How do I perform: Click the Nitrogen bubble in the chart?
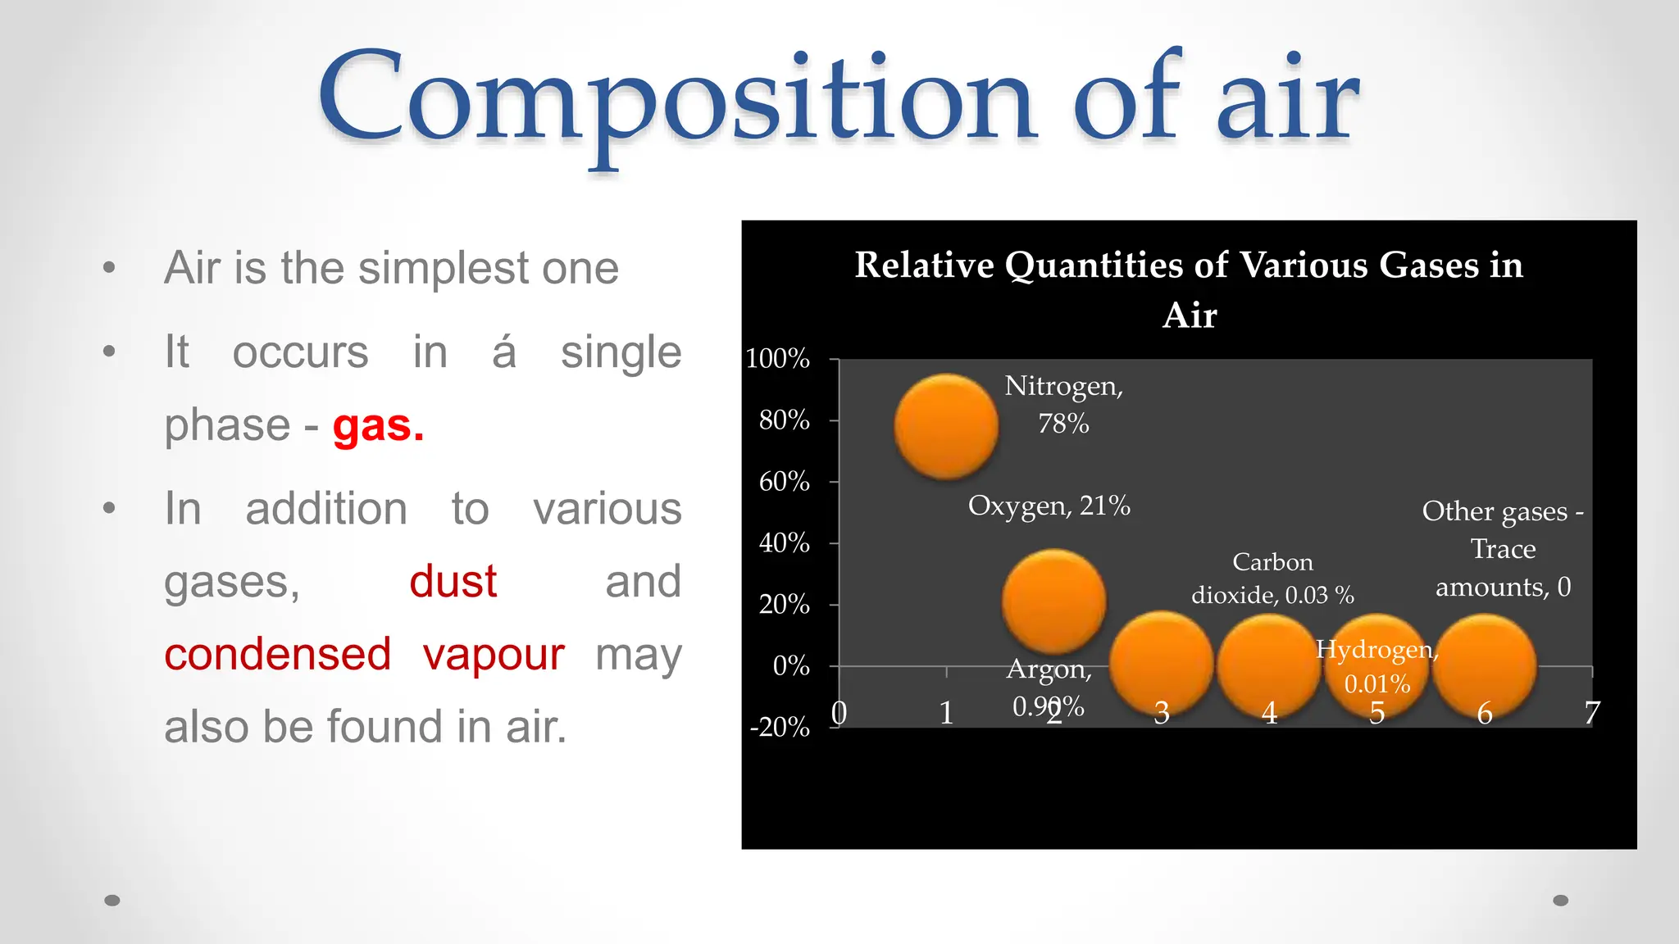click(946, 426)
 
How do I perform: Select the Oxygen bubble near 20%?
click(1053, 601)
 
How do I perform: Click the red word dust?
click(453, 582)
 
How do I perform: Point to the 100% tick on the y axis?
click(777, 359)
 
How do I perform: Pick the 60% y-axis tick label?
click(784, 482)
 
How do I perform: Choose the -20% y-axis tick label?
click(780, 728)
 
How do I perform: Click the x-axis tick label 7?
click(1591, 713)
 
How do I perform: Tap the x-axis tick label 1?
click(946, 713)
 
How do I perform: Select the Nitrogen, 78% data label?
click(1063, 404)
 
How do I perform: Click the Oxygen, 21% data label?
click(1049, 506)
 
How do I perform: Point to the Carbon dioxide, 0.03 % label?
click(1272, 579)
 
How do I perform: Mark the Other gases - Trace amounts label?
click(1502, 548)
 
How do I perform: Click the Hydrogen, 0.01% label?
click(1376, 666)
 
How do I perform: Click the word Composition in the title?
click(676, 98)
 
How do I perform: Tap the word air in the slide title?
click(1287, 98)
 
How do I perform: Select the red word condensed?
click(277, 655)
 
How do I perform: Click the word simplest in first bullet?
click(444, 268)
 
